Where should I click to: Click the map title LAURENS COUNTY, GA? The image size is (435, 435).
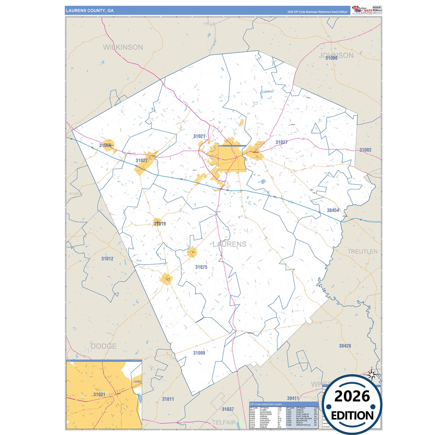point(90,11)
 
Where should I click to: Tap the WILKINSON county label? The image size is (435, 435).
point(123,47)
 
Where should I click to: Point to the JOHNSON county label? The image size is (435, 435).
point(336,55)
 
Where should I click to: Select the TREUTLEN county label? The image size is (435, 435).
point(362,252)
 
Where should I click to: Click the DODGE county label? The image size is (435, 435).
point(104,346)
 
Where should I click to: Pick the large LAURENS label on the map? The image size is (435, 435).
point(229,244)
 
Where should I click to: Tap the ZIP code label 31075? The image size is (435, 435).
point(201,267)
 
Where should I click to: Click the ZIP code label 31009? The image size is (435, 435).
point(199,353)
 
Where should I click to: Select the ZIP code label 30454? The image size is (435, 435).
point(333,210)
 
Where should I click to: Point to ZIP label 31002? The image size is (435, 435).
point(365,150)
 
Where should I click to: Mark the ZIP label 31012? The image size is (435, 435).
point(107,259)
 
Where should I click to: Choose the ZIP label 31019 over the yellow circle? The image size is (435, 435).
point(160,224)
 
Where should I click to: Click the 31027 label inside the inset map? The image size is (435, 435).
point(138,382)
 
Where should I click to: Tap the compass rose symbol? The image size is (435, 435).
point(372,375)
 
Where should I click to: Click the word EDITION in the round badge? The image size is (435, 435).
point(352,416)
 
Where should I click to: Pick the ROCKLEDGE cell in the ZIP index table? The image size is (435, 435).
point(266,414)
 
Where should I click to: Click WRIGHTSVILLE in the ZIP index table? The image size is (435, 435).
point(303,425)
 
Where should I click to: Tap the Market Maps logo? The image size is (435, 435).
point(362,10)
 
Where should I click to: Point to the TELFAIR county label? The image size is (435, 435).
point(224,422)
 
